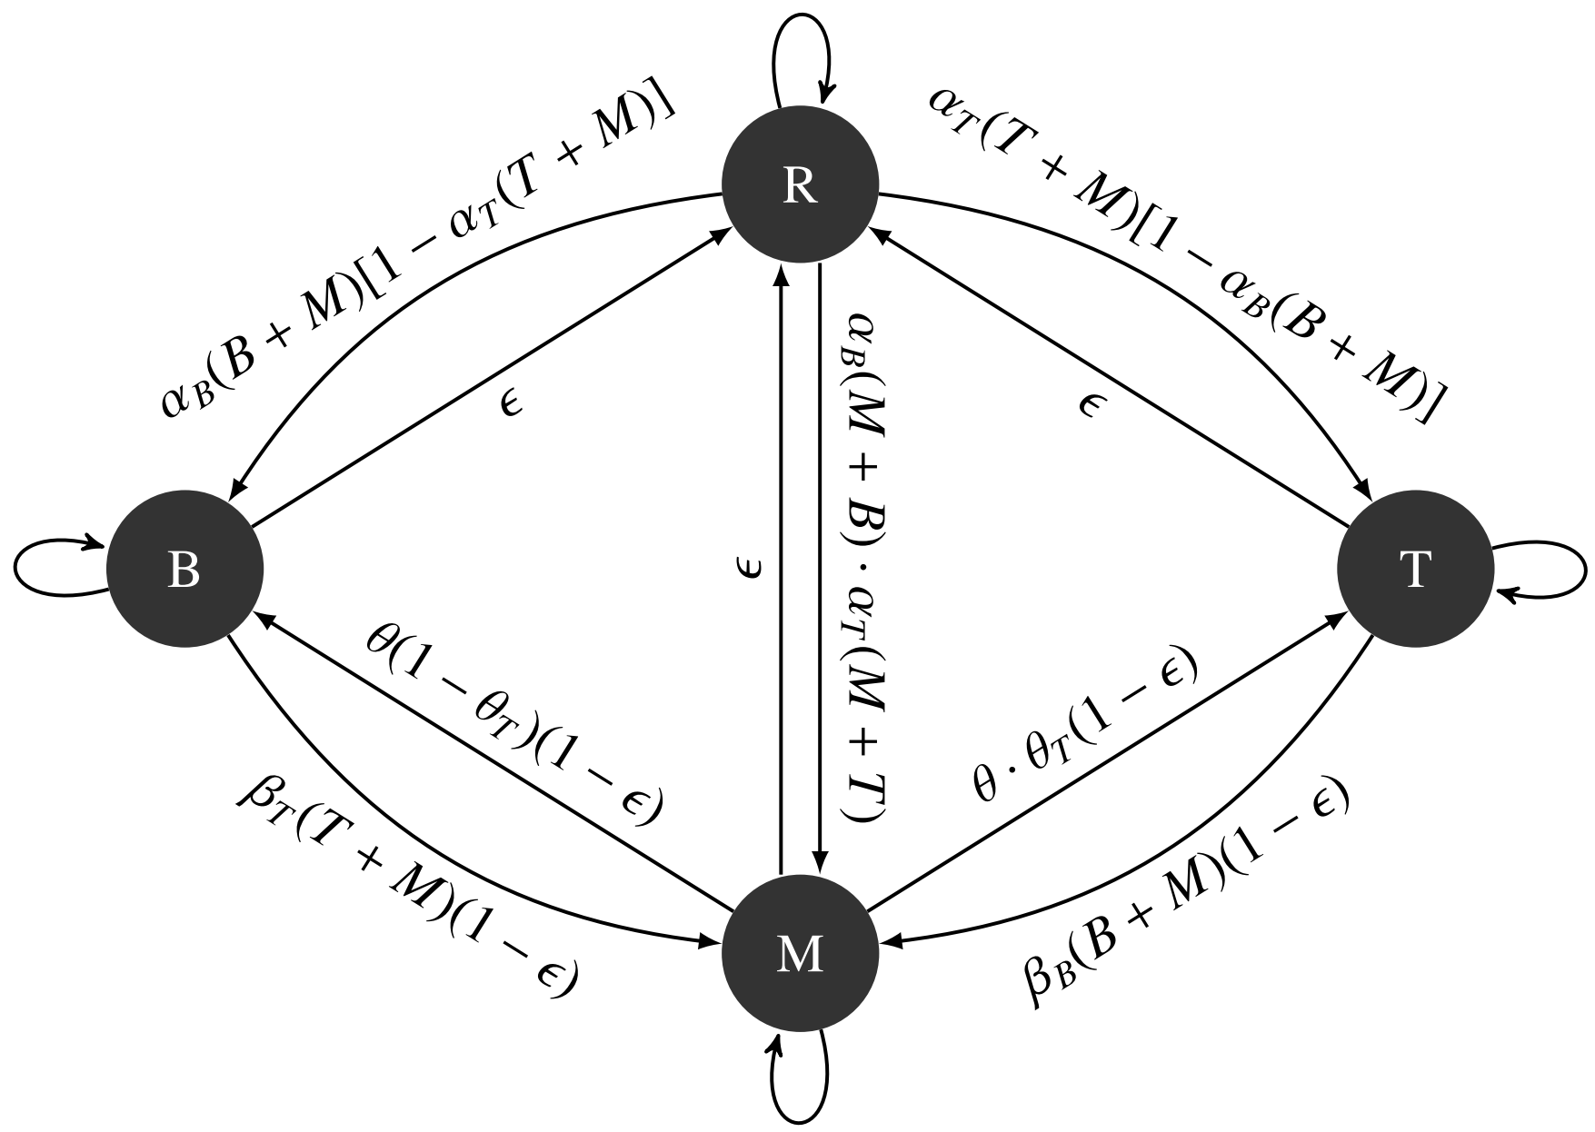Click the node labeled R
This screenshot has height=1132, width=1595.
pos(799,185)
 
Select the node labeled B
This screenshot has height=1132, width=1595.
pos(184,570)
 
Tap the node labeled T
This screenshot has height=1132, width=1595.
pos(1414,570)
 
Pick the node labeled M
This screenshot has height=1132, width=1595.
pos(799,954)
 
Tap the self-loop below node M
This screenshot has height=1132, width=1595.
pos(801,1090)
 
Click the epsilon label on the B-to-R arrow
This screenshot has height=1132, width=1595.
pos(512,402)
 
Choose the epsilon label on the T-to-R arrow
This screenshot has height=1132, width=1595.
pos(1087,402)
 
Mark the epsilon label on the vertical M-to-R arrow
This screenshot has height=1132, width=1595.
pos(753,570)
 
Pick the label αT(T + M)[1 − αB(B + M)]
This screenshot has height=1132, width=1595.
pos(1186,254)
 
